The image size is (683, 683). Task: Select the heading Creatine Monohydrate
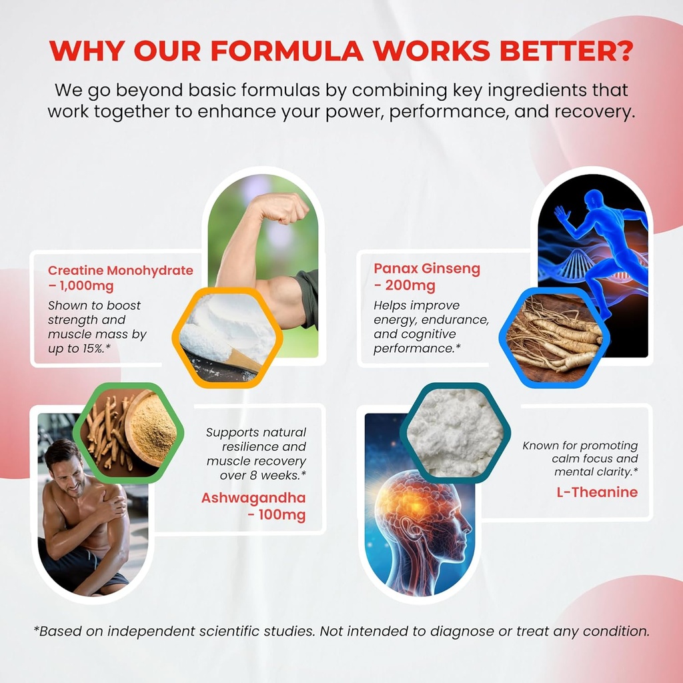121,270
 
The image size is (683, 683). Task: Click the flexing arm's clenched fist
287,209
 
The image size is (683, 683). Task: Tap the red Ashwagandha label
253,499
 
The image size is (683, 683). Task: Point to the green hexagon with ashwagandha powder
126,432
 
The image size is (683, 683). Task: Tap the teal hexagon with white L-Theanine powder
455,432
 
